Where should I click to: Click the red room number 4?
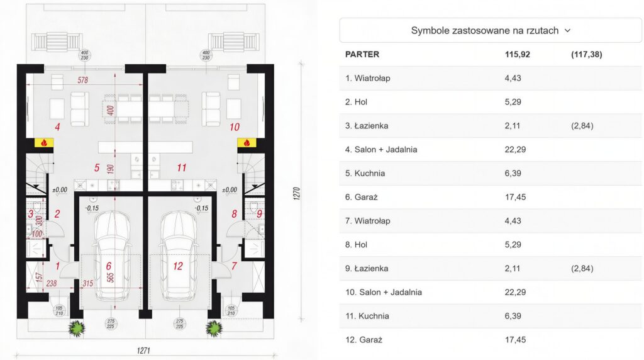pos(57,127)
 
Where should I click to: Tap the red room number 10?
pos(235,127)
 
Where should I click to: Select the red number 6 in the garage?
pos(108,266)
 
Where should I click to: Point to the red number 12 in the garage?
pos(178,266)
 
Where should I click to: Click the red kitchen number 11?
pos(182,167)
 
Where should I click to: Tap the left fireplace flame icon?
pos(44,143)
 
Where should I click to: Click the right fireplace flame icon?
pos(247,143)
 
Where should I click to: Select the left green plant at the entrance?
pos(76,329)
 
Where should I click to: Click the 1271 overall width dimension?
pos(143,351)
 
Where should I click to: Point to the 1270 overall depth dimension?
pos(297,194)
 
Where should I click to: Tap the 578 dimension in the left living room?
pos(82,80)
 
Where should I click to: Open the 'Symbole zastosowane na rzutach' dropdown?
pos(491,30)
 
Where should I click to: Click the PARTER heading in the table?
pos(362,54)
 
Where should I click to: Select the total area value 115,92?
pos(518,54)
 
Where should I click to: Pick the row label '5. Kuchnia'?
pos(365,174)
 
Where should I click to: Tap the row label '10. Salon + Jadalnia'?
pos(384,292)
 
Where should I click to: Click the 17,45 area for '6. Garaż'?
pos(516,197)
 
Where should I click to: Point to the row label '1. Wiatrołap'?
pos(367,78)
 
